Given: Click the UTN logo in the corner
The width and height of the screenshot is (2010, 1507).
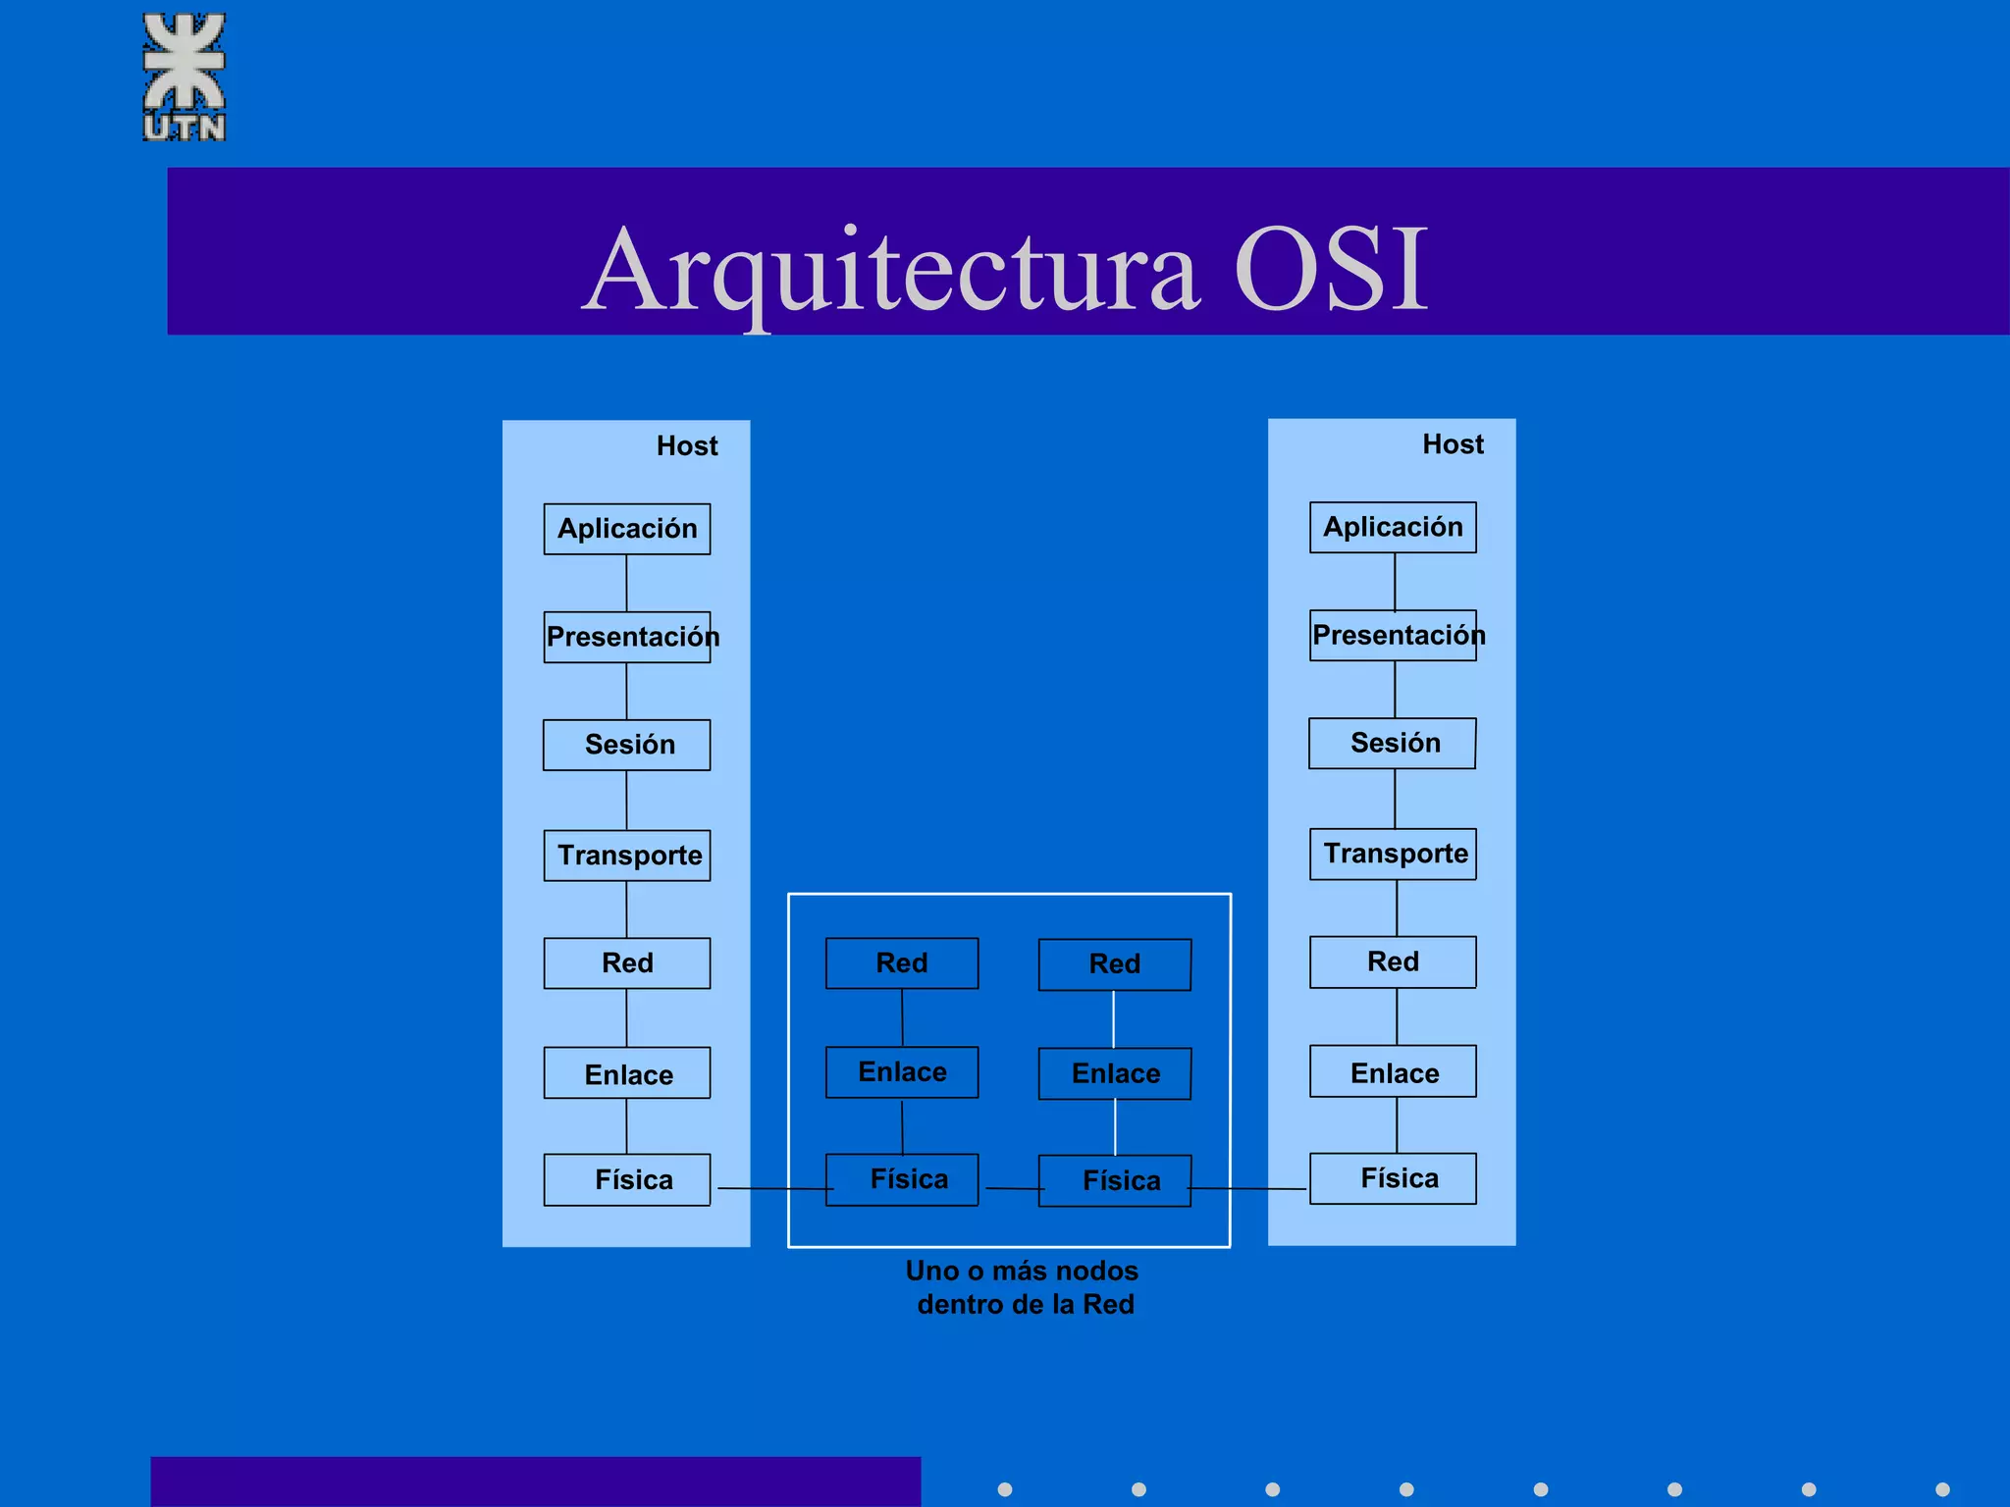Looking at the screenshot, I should click(x=185, y=77).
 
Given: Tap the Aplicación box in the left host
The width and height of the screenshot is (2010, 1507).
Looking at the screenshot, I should click(x=627, y=529).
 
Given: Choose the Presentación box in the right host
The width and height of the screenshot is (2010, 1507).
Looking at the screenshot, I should click(x=1393, y=635).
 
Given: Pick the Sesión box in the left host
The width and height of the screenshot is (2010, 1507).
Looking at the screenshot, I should click(x=627, y=745).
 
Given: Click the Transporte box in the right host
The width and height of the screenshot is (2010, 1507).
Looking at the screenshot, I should click(x=1393, y=854).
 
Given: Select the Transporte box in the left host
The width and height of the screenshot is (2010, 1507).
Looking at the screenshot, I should click(x=627, y=855).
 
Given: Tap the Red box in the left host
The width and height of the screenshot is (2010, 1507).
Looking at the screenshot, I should click(x=627, y=962).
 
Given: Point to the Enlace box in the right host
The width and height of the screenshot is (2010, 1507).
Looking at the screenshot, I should click(x=1393, y=1071).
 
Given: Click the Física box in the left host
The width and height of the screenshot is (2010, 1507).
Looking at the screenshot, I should click(x=627, y=1179).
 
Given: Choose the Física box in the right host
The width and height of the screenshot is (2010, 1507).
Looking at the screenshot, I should click(x=1393, y=1178).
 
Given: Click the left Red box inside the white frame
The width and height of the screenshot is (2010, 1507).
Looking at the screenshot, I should click(x=902, y=962).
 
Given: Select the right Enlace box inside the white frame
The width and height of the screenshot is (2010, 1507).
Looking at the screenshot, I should click(x=1115, y=1073).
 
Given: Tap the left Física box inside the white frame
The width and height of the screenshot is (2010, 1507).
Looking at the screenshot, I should click(x=902, y=1179).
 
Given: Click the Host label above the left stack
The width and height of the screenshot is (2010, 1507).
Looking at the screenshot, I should click(x=687, y=446).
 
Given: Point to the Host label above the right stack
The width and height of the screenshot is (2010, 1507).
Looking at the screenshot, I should click(x=1453, y=444).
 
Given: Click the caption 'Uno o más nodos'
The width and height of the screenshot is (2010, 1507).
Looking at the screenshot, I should click(x=1022, y=1272).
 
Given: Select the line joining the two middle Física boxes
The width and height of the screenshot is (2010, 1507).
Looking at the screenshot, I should click(x=1012, y=1188).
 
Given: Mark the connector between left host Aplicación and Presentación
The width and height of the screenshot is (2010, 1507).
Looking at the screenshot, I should click(x=626, y=583).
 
